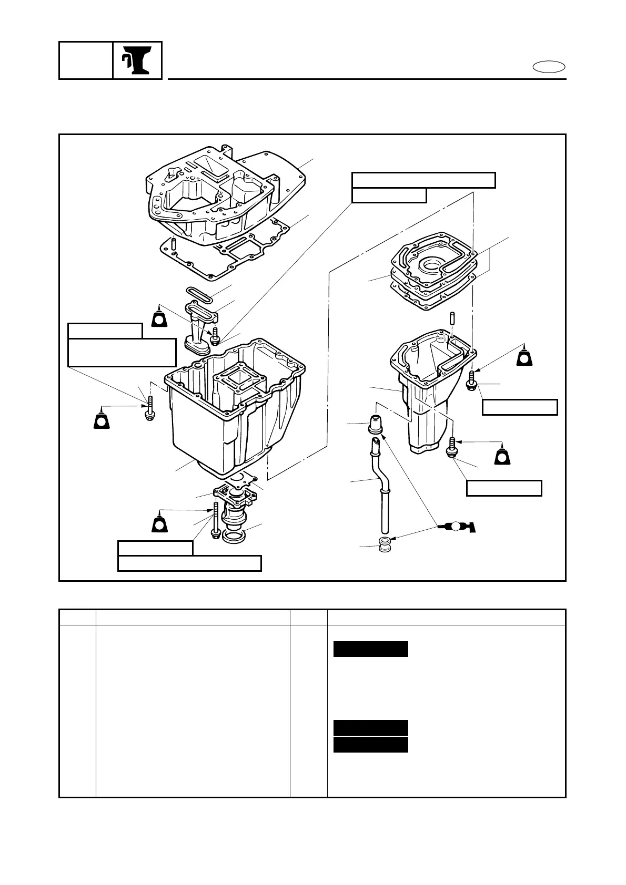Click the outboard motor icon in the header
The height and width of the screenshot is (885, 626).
pyautogui.click(x=137, y=60)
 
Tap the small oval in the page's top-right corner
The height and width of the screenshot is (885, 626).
pyautogui.click(x=548, y=67)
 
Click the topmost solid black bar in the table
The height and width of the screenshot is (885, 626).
pyautogui.click(x=371, y=649)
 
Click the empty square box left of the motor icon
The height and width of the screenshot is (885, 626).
pyautogui.click(x=86, y=60)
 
